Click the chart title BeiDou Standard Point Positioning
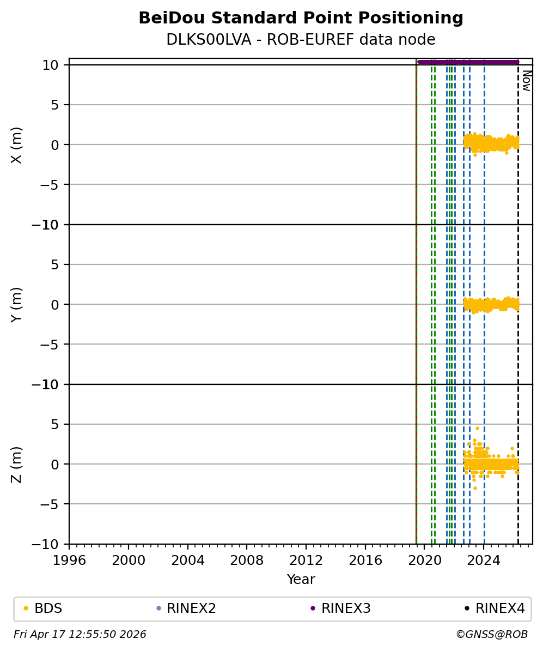[301, 18]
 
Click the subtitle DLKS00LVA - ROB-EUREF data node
[301, 40]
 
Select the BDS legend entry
[48, 608]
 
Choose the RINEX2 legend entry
[187, 608]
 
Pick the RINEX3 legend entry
[346, 608]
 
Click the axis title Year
[301, 580]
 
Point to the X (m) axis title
[17, 144]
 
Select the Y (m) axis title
[17, 304]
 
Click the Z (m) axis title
[17, 464]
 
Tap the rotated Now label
[526, 81]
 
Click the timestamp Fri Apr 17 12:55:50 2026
[80, 634]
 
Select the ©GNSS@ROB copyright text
[492, 634]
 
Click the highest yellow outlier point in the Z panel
[477, 428]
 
